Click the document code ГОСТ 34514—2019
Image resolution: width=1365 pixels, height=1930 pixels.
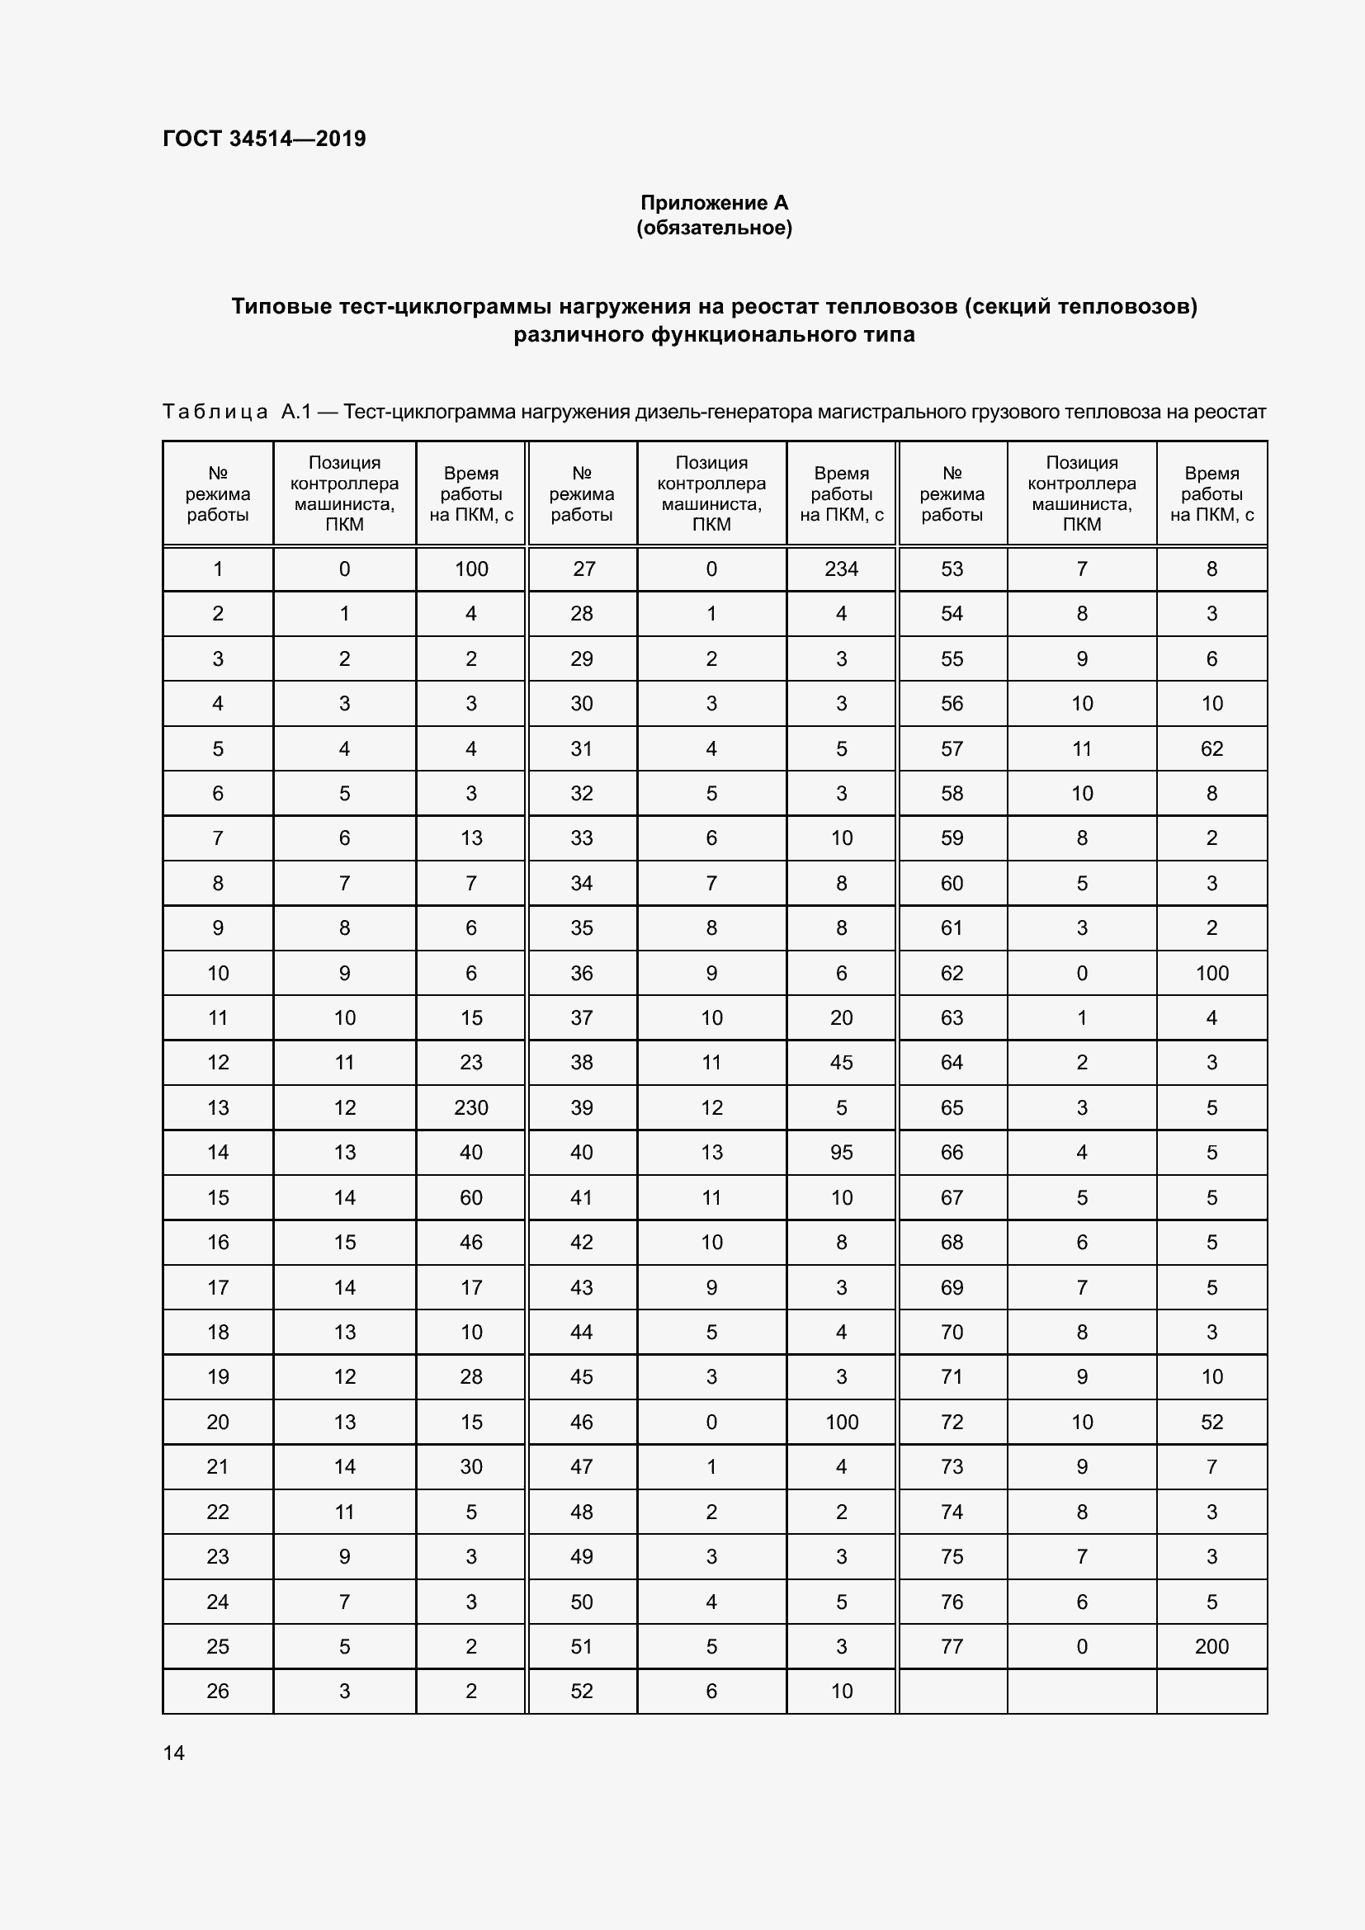(264, 139)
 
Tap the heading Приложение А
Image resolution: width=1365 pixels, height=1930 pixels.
(714, 203)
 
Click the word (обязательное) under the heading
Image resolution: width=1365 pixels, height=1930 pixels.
(714, 228)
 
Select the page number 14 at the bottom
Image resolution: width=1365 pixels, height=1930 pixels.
(174, 1753)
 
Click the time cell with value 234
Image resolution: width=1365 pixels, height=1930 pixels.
(840, 569)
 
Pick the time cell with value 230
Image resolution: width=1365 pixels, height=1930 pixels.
(470, 1108)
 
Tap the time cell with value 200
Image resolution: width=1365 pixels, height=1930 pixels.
(1211, 1647)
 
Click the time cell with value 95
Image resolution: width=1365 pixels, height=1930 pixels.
(840, 1153)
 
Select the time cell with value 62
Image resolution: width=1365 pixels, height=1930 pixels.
(1211, 749)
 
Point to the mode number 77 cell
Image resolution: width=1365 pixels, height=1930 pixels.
(952, 1647)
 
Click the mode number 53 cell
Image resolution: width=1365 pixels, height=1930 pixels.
(952, 569)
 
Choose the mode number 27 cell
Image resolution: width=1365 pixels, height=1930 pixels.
(583, 569)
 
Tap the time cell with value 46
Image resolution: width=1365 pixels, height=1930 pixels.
(470, 1243)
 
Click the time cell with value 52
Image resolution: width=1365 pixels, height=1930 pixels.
(1211, 1423)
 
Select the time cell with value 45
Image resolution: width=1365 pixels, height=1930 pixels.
(840, 1063)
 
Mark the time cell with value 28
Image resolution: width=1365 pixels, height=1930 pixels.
(470, 1377)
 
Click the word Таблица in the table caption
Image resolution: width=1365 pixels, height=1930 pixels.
(215, 412)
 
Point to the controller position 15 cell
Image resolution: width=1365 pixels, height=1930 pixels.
(345, 1243)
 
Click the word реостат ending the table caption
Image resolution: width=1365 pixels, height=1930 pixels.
(1233, 412)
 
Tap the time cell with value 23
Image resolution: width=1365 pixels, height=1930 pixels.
(470, 1063)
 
